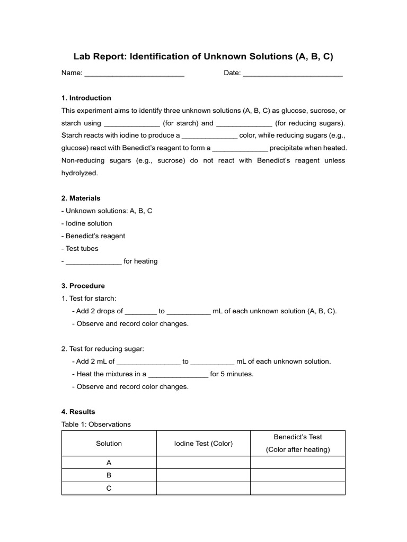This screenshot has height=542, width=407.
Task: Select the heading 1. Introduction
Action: pos(86,98)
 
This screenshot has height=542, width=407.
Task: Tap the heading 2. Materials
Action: pos(81,198)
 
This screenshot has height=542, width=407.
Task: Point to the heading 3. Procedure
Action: pos(83,286)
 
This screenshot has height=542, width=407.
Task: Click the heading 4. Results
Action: pos(78,411)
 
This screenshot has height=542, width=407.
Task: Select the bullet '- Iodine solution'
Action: pos(87,223)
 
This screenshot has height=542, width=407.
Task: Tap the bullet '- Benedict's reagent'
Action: pos(93,236)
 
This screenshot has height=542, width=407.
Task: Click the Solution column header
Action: pos(109,444)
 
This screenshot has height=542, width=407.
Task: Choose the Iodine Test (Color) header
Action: pos(203,444)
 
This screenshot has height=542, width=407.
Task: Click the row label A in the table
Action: pos(109,463)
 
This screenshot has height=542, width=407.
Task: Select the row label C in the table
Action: pos(109,488)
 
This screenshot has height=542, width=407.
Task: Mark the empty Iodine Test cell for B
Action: pos(203,475)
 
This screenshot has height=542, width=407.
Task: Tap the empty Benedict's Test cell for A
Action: pos(298,463)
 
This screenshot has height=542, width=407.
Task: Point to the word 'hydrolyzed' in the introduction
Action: pos(79,173)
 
